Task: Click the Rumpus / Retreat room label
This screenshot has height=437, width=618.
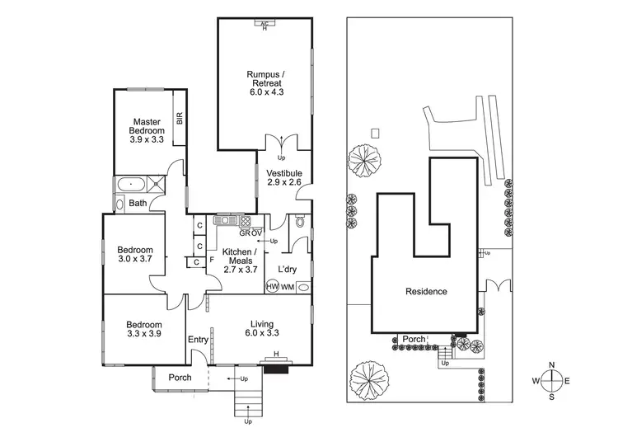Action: coord(264,84)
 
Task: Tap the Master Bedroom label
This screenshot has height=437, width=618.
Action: coord(147,131)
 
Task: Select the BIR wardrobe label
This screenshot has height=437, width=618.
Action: coord(179,119)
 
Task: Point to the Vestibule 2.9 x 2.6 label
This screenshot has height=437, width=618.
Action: coord(285,177)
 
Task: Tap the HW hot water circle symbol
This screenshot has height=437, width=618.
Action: coord(273,287)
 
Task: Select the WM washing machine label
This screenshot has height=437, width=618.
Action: coord(288,287)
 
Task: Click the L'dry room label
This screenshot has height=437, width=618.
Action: coord(288,270)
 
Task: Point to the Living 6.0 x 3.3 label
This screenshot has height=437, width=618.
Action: coord(263,329)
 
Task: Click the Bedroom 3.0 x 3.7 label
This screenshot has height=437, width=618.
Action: coord(134,255)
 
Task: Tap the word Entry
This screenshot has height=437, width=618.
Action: coord(198,340)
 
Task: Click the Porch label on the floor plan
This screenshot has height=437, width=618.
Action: coord(180,378)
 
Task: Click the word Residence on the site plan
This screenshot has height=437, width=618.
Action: coord(426,291)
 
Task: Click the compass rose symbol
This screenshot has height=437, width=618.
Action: coord(553,380)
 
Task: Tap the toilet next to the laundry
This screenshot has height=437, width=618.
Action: coord(300,222)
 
